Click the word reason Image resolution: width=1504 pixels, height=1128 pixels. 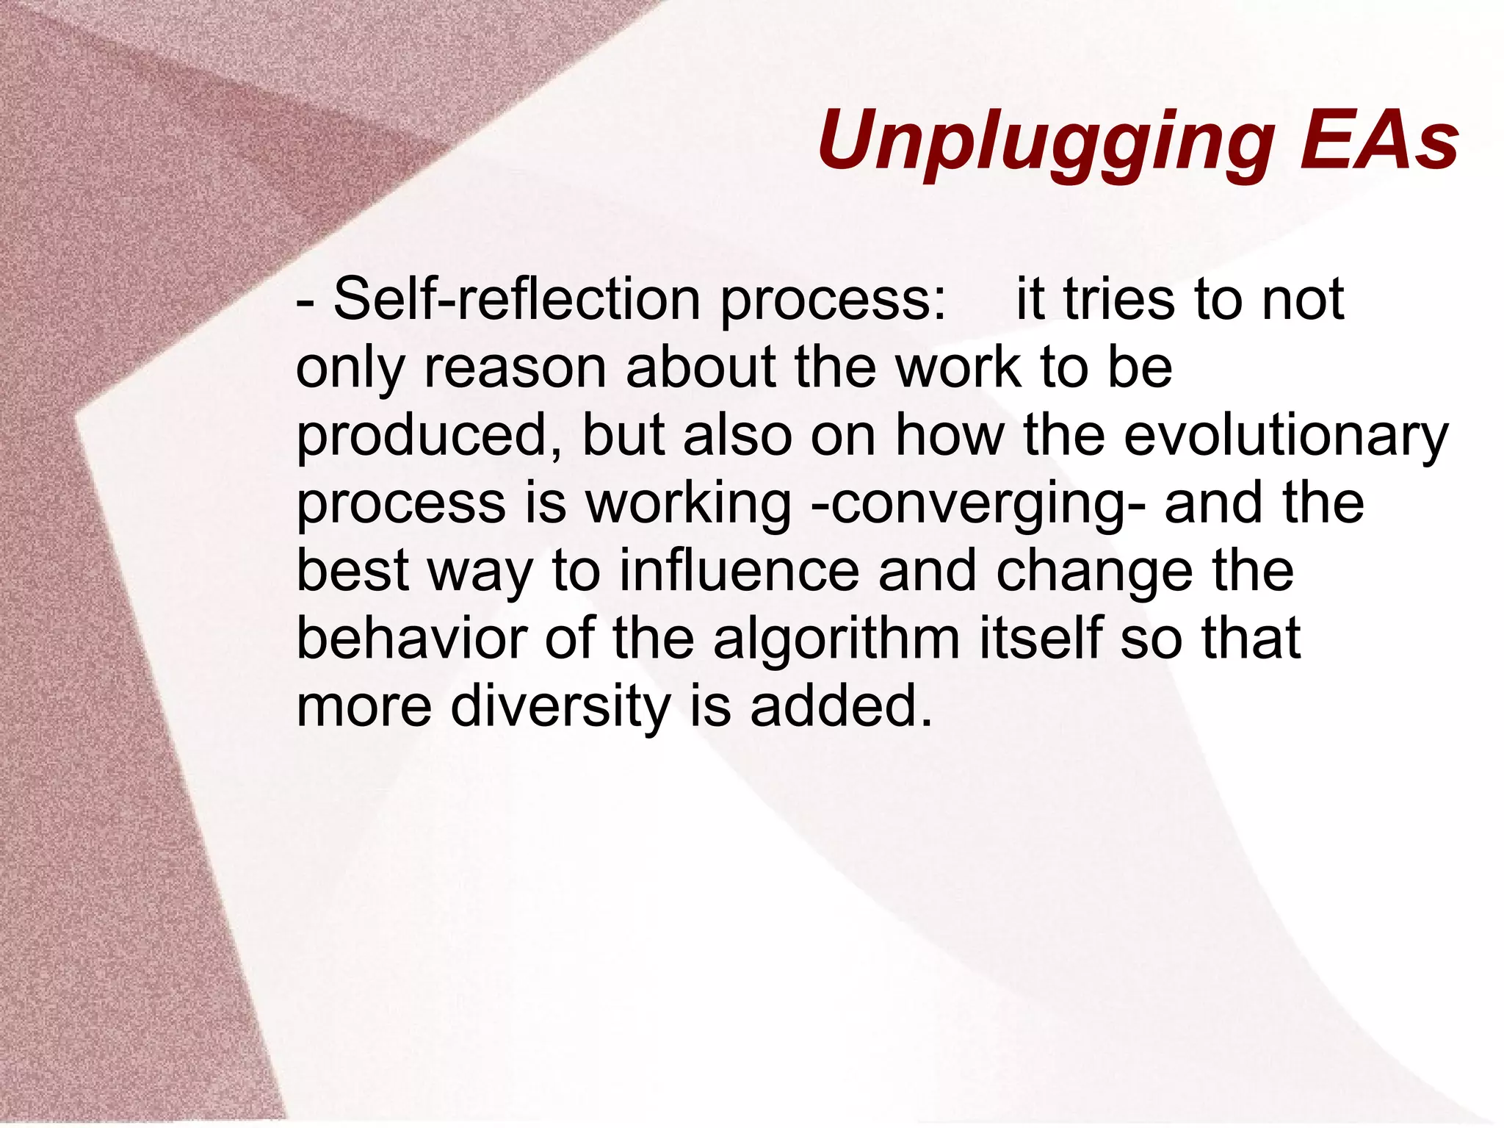coord(515,367)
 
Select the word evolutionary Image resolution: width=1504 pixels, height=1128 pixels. coord(1286,437)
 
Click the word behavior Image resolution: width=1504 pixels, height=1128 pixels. coord(411,639)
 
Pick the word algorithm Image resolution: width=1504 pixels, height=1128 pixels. coord(836,639)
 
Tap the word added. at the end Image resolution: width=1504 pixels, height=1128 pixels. coord(842,705)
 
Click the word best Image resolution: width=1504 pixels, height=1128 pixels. coord(352,571)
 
